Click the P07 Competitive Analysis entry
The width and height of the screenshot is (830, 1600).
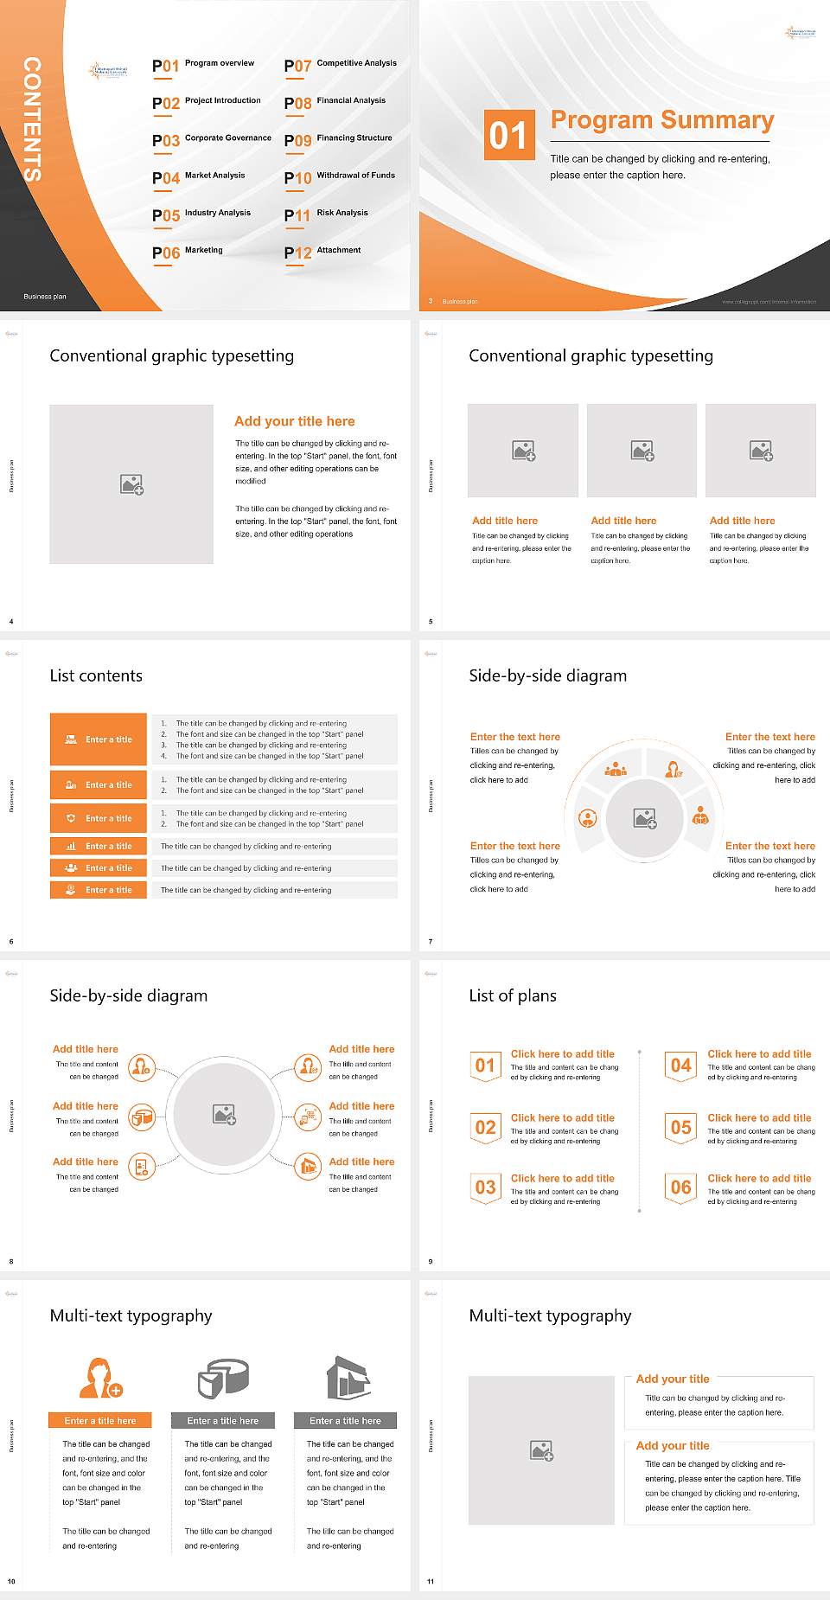(x=341, y=65)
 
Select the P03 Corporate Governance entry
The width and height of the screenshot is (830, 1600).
(x=212, y=139)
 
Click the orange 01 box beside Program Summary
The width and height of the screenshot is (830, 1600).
(x=508, y=135)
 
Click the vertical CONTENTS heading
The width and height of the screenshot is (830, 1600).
(x=32, y=119)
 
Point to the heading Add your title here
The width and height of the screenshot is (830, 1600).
(x=294, y=421)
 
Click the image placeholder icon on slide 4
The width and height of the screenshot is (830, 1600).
(x=131, y=484)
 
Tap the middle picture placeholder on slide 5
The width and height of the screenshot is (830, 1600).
(x=642, y=451)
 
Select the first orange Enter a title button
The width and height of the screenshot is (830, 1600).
(x=99, y=739)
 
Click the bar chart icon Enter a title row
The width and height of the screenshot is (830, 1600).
(x=99, y=846)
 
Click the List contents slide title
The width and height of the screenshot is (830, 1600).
(x=96, y=675)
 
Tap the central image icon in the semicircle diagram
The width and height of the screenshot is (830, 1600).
(x=645, y=818)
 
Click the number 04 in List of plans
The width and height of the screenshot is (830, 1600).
(x=681, y=1066)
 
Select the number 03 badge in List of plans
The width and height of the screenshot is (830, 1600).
(x=485, y=1187)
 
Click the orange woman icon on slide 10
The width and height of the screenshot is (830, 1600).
(x=100, y=1378)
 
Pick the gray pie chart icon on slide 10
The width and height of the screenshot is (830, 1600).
(x=223, y=1378)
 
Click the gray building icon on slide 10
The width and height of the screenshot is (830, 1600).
(x=348, y=1378)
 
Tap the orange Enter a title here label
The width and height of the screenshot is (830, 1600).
(x=100, y=1420)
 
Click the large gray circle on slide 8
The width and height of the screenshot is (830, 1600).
(x=224, y=1115)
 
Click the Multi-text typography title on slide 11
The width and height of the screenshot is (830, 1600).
(x=550, y=1315)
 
